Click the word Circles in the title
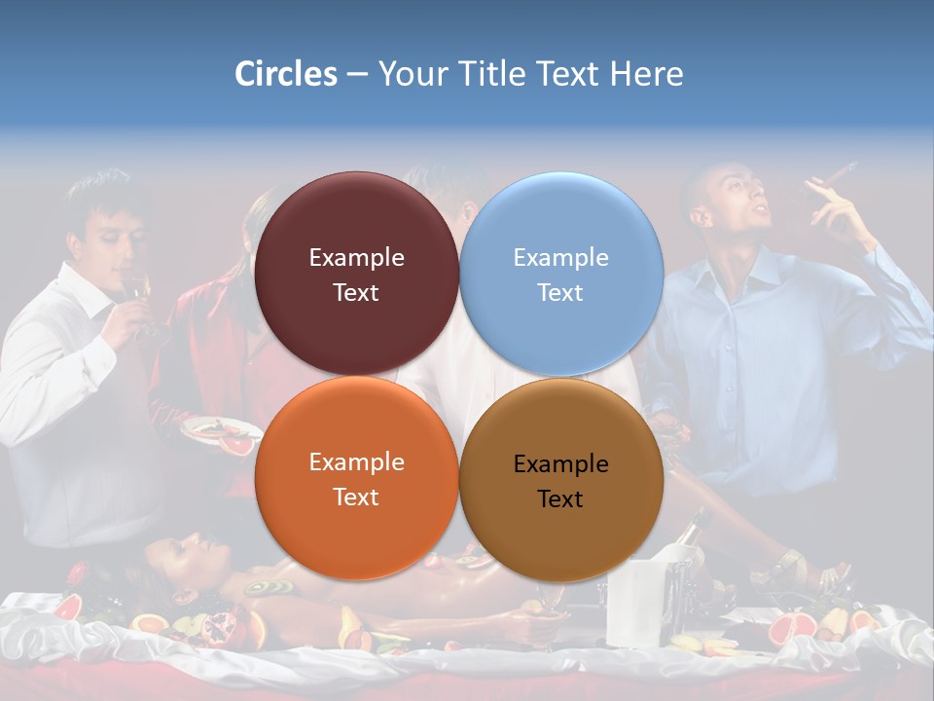(286, 74)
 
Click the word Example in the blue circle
(560, 257)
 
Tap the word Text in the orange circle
(356, 497)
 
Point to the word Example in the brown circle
(560, 463)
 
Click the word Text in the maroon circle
(356, 292)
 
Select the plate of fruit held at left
(221, 431)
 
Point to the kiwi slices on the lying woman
(267, 587)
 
